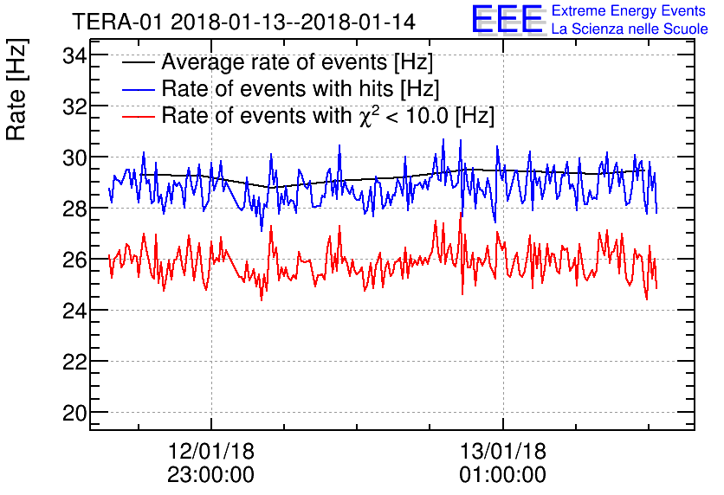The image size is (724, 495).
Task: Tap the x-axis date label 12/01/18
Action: click(x=211, y=452)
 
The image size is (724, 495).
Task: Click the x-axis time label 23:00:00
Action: click(x=211, y=475)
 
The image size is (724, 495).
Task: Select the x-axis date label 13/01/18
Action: click(x=503, y=452)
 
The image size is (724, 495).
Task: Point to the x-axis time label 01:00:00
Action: click(x=503, y=475)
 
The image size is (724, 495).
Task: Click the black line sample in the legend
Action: click(x=138, y=63)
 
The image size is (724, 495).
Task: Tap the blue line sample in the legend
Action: click(x=138, y=89)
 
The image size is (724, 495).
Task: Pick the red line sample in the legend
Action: click(x=138, y=115)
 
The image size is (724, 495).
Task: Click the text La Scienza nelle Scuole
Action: click(x=630, y=29)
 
